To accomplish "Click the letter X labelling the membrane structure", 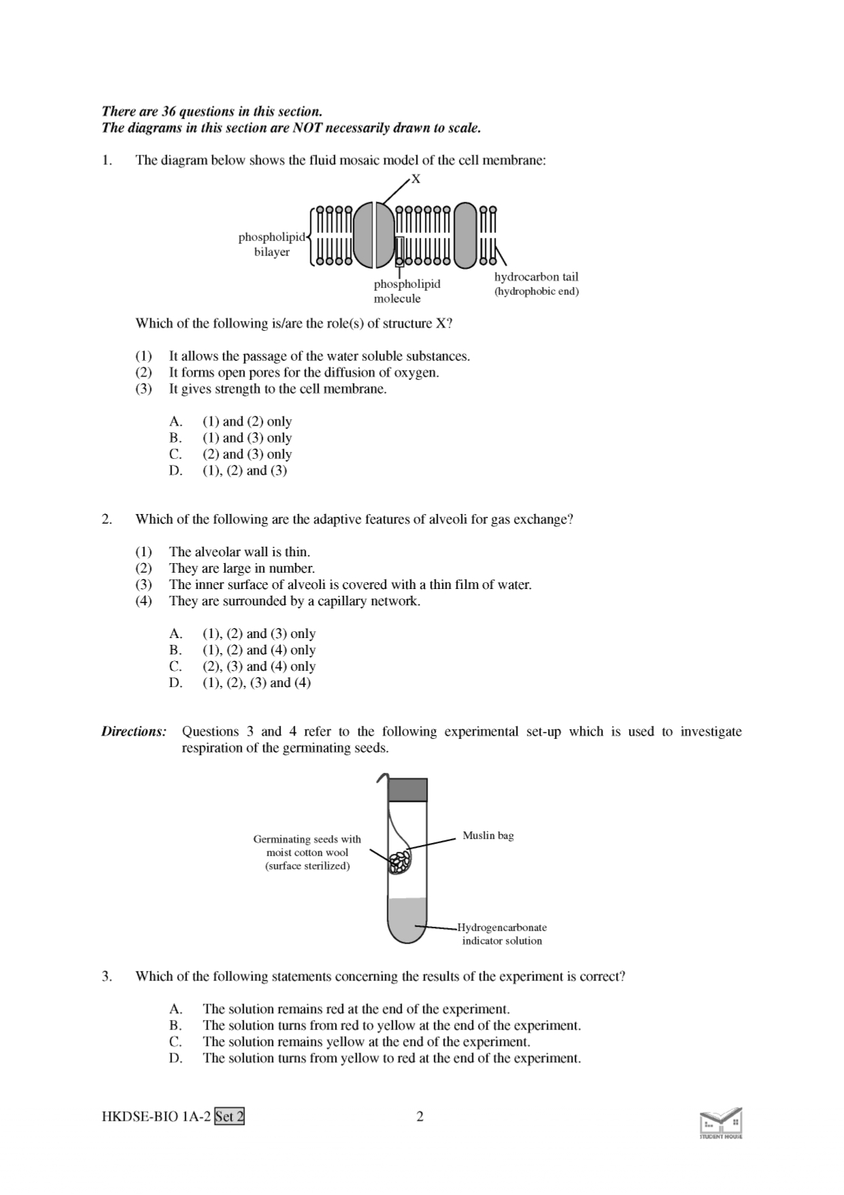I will [417, 179].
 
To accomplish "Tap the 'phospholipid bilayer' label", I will [272, 244].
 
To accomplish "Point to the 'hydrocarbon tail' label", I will [536, 277].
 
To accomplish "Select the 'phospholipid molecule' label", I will [406, 291].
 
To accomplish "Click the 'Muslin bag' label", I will [488, 835].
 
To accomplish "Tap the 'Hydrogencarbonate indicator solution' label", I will [502, 934].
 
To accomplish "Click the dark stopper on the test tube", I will [408, 790].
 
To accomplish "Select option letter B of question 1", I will [176, 438].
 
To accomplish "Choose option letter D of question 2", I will [176, 683].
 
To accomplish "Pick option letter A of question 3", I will [176, 1009].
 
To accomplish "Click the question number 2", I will [107, 520].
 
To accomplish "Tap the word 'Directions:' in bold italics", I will [134, 732].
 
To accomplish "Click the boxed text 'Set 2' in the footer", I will [229, 1117].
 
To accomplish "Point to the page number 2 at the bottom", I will [420, 1117].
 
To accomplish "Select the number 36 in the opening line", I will [169, 112].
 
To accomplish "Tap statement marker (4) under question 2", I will [143, 601].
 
